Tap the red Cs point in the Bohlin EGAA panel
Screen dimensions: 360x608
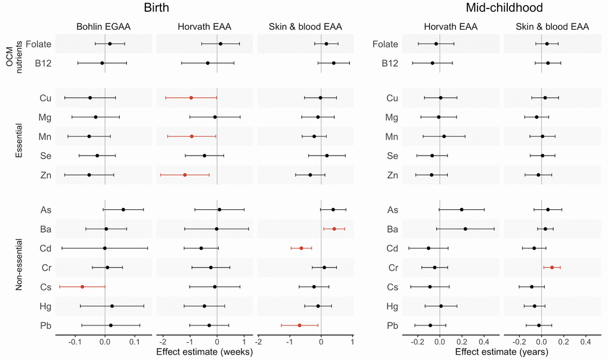coord(82,287)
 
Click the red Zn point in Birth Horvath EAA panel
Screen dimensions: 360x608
coord(185,175)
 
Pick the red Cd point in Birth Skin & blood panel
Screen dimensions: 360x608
coord(301,248)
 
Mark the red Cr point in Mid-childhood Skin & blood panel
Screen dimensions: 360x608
coord(552,268)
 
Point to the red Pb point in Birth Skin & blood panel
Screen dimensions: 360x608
coord(299,325)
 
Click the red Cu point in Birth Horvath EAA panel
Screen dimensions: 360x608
coord(191,97)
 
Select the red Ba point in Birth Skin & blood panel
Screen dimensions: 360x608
coord(334,229)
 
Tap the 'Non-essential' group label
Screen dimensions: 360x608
coord(19,267)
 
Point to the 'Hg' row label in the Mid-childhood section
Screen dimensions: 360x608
coord(392,306)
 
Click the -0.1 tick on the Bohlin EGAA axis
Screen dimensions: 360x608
coord(75,342)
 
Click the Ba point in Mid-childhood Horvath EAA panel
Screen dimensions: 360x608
coord(466,229)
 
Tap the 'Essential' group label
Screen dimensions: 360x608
coord(19,136)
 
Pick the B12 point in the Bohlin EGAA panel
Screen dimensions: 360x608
coord(102,63)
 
